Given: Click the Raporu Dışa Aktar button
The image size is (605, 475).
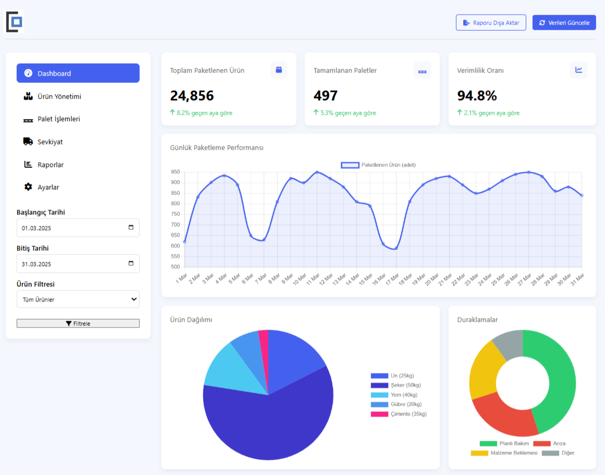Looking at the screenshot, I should pyautogui.click(x=490, y=22).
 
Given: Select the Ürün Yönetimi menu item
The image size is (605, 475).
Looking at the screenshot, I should pyautogui.click(x=59, y=96).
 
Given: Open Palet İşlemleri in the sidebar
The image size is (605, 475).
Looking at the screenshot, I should pyautogui.click(x=58, y=119).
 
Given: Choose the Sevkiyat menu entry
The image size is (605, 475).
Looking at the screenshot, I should pyautogui.click(x=50, y=142).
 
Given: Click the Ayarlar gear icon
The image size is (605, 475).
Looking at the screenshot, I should pyautogui.click(x=28, y=187).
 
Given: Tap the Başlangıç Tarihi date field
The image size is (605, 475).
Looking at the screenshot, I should pyautogui.click(x=73, y=228).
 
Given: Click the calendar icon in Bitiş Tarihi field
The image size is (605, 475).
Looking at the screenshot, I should pyautogui.click(x=131, y=263).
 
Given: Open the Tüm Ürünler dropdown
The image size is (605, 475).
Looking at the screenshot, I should pyautogui.click(x=78, y=299).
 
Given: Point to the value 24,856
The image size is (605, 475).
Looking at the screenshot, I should pyautogui.click(x=192, y=96).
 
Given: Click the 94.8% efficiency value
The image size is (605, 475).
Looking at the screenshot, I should pyautogui.click(x=477, y=96).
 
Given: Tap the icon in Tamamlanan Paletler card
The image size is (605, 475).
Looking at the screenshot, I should pyautogui.click(x=422, y=70).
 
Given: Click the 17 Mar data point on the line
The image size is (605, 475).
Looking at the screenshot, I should pyautogui.click(x=396, y=248).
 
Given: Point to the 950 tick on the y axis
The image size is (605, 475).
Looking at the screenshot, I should pyautogui.click(x=175, y=172).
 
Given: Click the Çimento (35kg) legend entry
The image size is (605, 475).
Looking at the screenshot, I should pyautogui.click(x=399, y=414).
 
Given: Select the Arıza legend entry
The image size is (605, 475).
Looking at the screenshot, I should pyautogui.click(x=550, y=443).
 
